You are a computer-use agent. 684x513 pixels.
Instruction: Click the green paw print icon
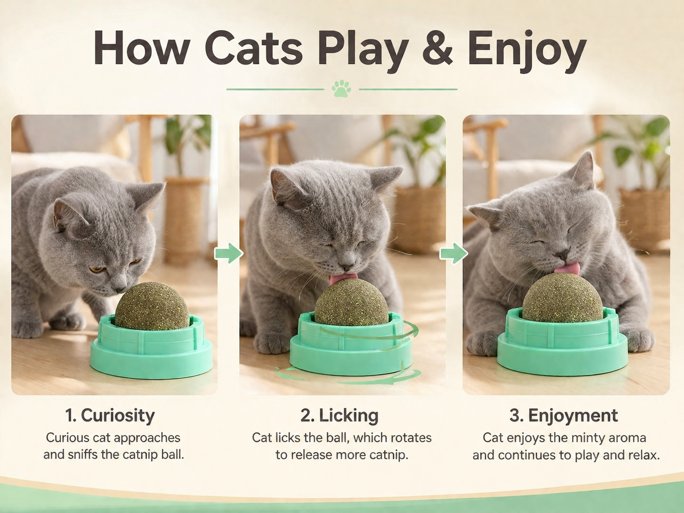tap(341, 89)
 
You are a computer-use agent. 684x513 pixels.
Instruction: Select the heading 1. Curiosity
tap(110, 415)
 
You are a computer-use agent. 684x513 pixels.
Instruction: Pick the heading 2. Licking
tap(339, 415)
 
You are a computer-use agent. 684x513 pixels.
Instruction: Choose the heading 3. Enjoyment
tap(564, 415)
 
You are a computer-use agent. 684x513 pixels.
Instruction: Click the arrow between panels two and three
tap(454, 253)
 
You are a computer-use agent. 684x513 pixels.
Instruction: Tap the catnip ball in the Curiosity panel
tap(152, 306)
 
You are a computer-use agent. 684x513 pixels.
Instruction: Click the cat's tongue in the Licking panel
tap(343, 278)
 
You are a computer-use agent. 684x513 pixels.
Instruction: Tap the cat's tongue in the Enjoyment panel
tap(566, 268)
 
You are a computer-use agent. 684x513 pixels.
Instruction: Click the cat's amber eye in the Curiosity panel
tap(96, 269)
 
